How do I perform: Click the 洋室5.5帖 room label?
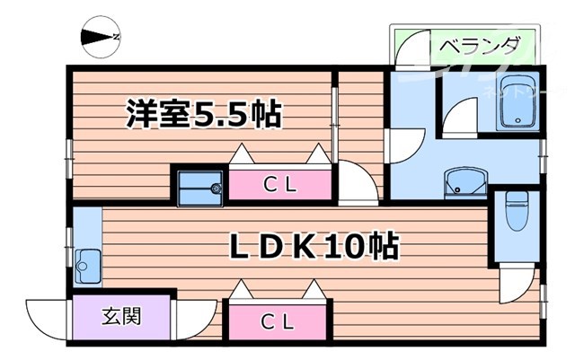[x=203, y=115]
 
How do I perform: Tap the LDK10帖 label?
[x=311, y=246]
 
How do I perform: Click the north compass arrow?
[x=101, y=37]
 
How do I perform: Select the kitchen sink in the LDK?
[x=88, y=267]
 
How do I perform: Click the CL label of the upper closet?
[x=281, y=185]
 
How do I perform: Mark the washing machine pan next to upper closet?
[x=199, y=188]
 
